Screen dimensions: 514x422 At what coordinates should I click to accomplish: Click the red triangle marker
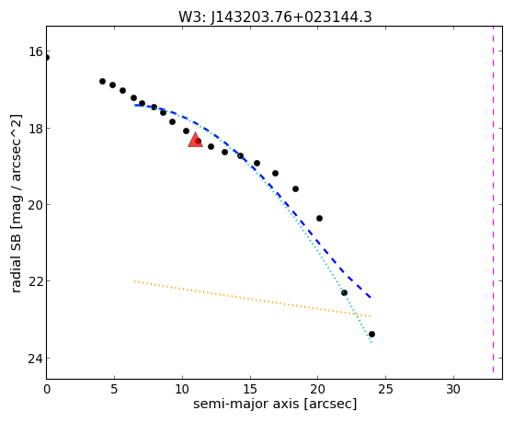coord(195,140)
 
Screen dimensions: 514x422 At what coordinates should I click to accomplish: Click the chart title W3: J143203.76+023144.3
coord(275,17)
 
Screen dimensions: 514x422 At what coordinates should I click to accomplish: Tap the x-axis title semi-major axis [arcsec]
coord(275,404)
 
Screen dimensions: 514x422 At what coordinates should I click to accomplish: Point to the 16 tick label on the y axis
coord(35,51)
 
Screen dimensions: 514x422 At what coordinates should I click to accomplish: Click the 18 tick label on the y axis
coord(35,128)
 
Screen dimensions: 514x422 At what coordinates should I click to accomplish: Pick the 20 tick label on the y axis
coord(35,205)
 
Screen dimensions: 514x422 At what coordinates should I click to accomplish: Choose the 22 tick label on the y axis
coord(35,281)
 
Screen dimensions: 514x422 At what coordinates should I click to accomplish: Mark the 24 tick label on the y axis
coord(35,359)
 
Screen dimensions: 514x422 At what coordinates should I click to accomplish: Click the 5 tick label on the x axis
coord(114,390)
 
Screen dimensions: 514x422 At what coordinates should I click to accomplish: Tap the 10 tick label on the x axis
coord(182,390)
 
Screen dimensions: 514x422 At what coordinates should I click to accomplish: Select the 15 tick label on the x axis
coord(250,390)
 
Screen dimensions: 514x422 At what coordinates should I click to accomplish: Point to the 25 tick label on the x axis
coord(385,390)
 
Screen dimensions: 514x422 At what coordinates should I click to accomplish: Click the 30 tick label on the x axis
coord(453,390)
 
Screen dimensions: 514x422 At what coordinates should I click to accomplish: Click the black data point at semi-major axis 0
coord(47,58)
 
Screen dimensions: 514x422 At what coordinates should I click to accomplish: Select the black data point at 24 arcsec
coord(371,334)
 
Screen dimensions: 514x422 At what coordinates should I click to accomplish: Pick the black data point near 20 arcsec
coord(319,219)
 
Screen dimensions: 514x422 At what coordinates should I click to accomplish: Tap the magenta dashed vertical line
coord(493,200)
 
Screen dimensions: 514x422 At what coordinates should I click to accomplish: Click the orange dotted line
coord(253,299)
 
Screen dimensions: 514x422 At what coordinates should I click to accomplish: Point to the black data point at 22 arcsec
coord(344,292)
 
